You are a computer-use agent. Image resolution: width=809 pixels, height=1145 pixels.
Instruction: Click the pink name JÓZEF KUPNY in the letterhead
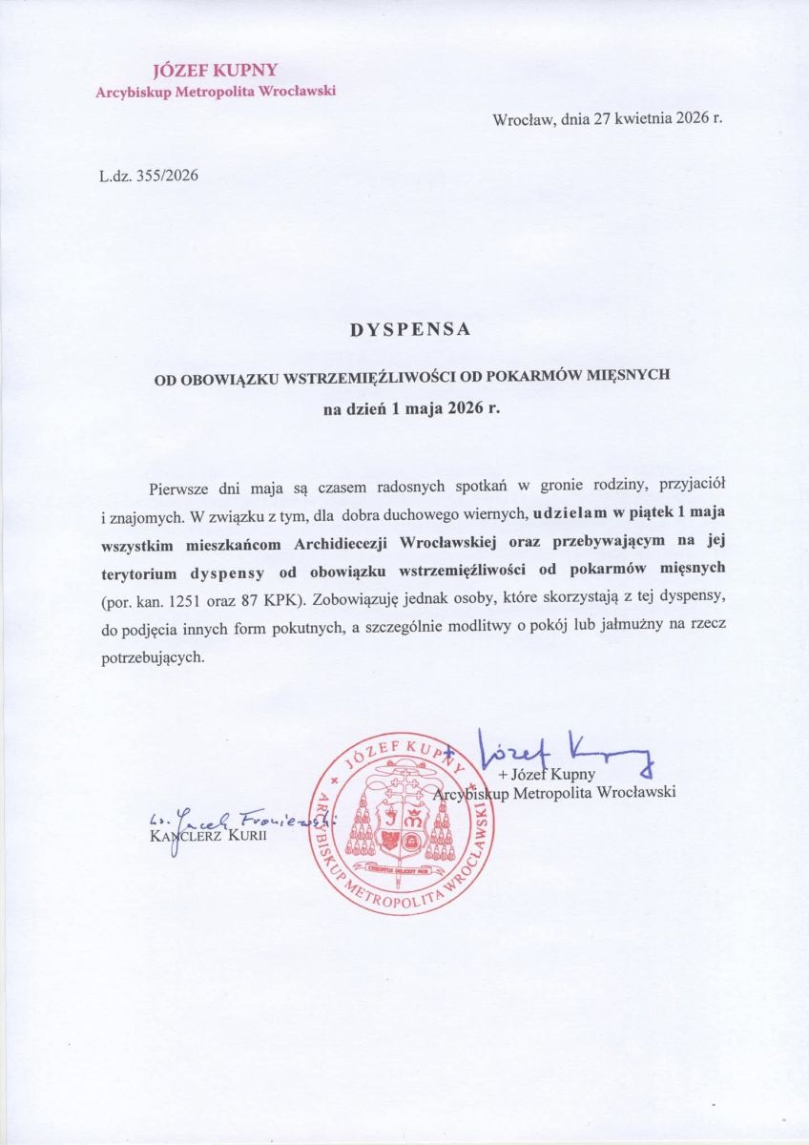click(x=215, y=72)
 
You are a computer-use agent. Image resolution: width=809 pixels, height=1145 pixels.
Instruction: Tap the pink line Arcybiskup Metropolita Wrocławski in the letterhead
click(x=215, y=92)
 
